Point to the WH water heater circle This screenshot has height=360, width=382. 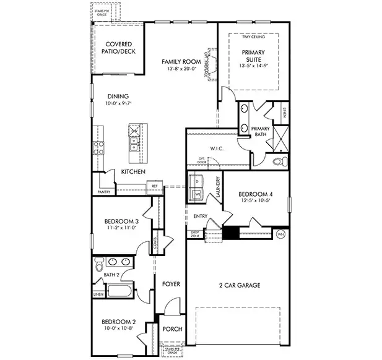[280, 234]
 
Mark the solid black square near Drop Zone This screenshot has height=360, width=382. [230, 233]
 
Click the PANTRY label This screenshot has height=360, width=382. [103, 192]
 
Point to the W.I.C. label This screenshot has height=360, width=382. [216, 148]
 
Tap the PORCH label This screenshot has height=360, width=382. [171, 329]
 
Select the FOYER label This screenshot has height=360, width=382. [171, 284]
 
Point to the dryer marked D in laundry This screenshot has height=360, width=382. [197, 181]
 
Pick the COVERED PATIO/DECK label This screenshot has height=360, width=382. [118, 48]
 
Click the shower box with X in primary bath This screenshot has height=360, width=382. [280, 138]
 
